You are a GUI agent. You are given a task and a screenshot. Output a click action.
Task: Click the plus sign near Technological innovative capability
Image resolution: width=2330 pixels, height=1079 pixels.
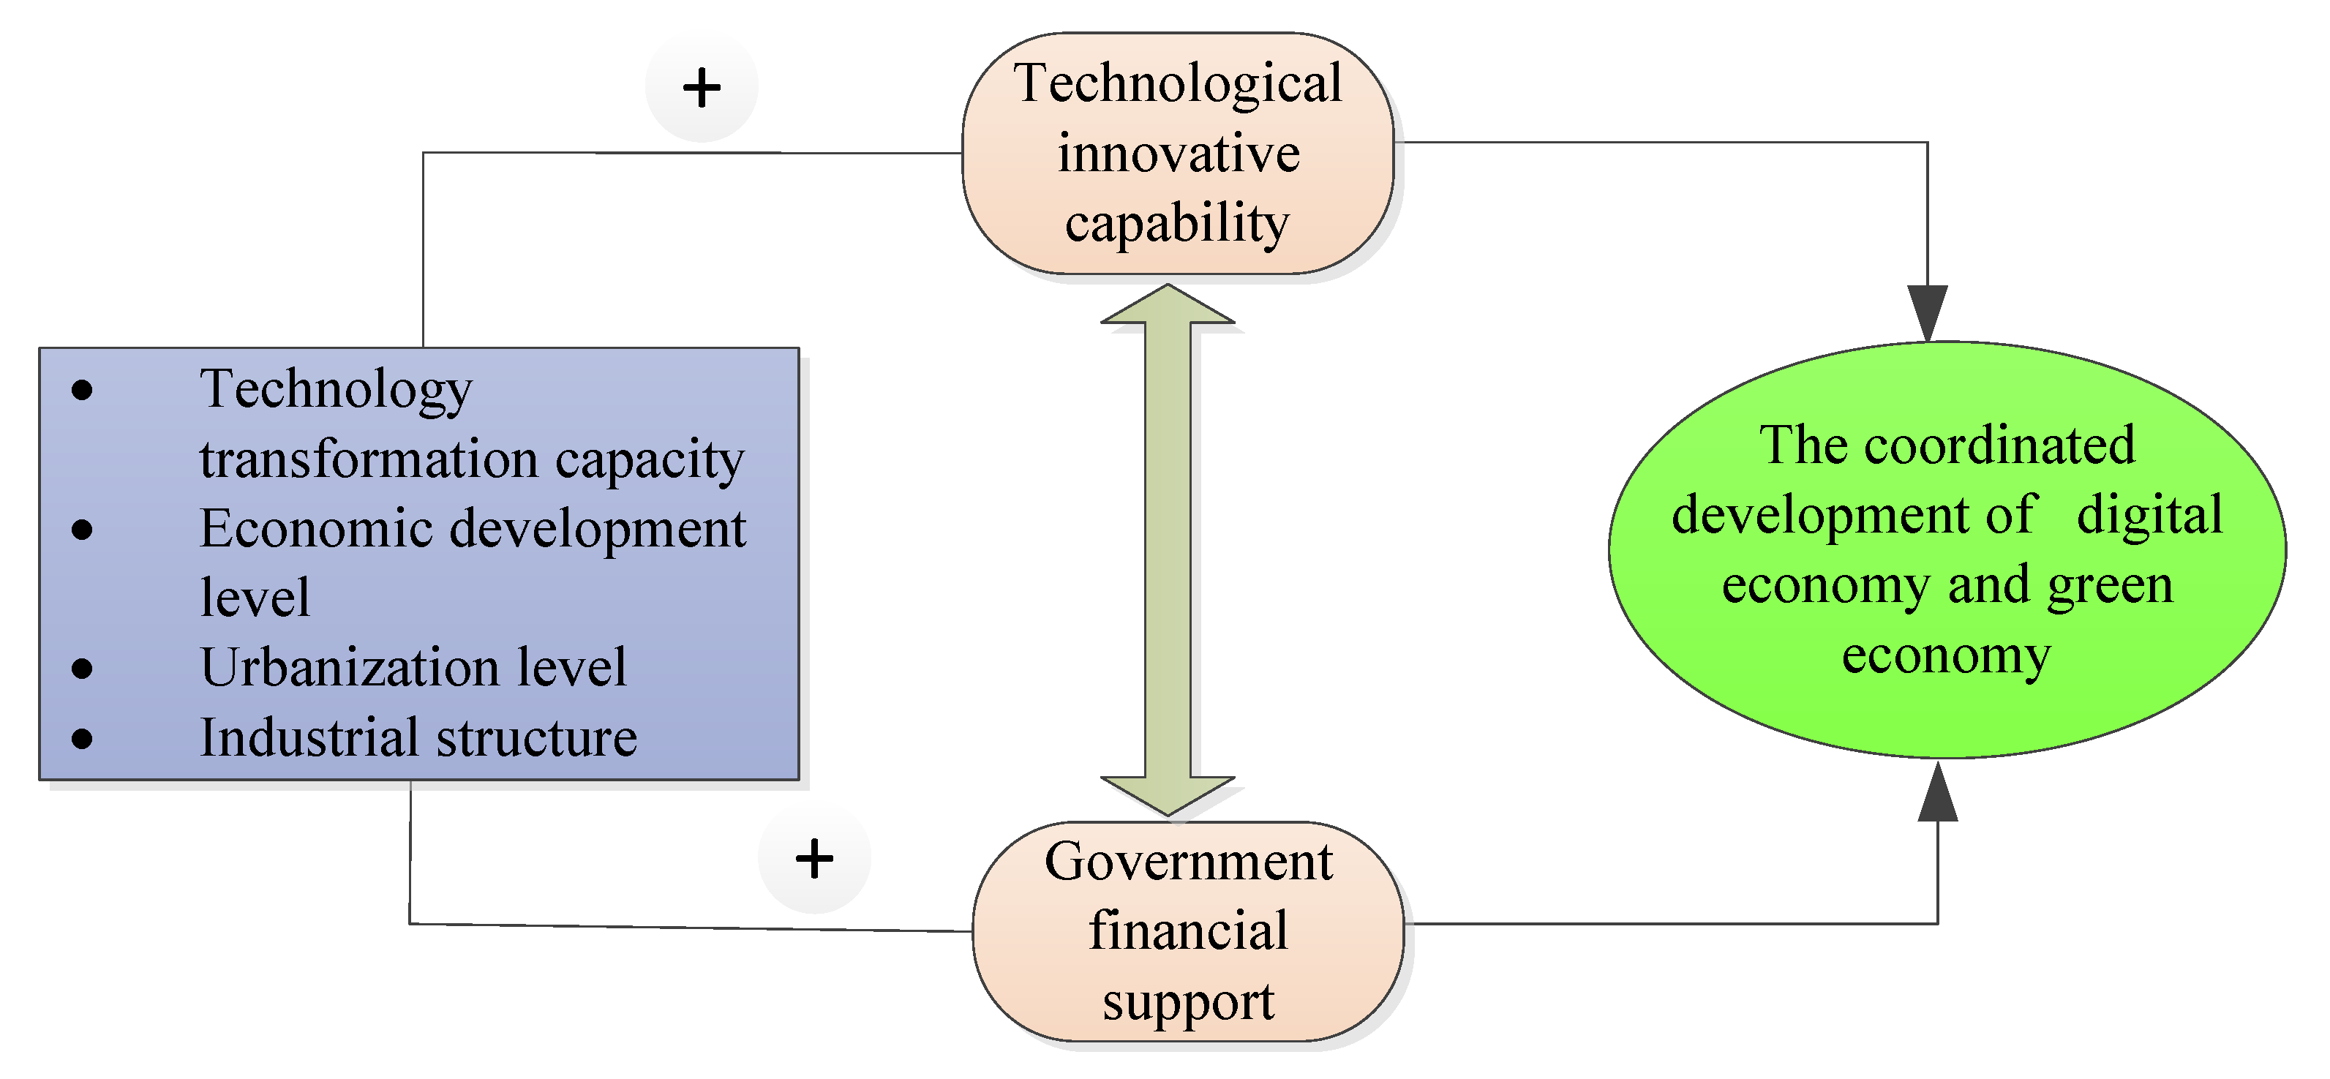tap(701, 88)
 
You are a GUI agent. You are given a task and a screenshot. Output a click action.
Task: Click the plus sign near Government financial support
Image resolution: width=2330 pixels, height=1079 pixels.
tap(814, 858)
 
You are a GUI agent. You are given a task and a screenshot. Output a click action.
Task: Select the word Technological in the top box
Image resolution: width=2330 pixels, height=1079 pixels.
tap(1178, 83)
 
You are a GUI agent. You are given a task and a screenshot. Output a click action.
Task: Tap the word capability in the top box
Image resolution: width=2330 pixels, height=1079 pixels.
tap(1177, 223)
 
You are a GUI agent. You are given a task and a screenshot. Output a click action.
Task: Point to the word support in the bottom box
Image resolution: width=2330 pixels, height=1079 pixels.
tap(1187, 1001)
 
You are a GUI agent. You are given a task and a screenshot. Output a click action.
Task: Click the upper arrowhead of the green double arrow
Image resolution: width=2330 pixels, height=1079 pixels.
tap(1168, 306)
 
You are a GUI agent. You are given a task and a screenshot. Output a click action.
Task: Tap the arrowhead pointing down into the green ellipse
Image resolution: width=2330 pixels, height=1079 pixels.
tap(1928, 312)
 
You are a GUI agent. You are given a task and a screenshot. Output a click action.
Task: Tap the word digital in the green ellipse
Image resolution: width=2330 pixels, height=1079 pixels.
tap(2149, 514)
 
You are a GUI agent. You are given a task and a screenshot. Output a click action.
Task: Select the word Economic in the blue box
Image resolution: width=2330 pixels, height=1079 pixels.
tap(316, 528)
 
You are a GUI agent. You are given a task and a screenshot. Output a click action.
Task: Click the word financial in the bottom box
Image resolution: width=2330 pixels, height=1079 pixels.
tap(1187, 931)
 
